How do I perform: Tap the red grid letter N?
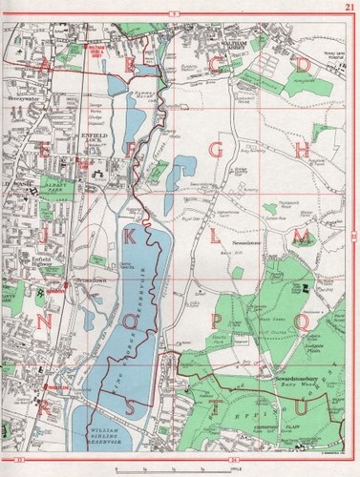click(45, 321)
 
